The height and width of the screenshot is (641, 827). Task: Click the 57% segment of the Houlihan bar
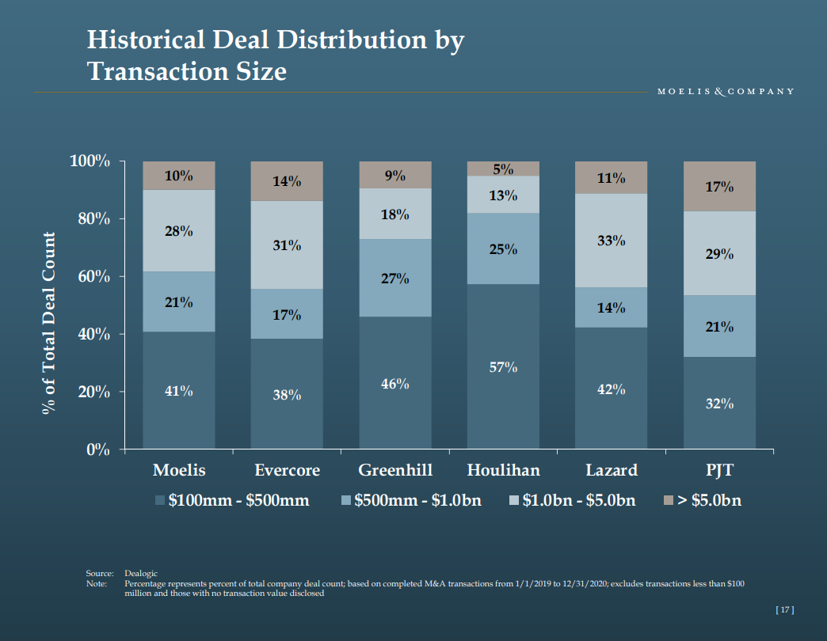[x=503, y=367]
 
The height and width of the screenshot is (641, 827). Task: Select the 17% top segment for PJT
[x=719, y=187]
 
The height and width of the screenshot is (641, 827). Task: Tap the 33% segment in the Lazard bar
[x=611, y=241]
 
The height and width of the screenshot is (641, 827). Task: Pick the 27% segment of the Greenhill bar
[x=395, y=279]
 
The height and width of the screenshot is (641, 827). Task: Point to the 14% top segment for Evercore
[x=287, y=181]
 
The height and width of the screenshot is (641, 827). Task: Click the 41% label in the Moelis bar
[x=178, y=391]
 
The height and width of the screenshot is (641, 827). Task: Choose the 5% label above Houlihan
[x=503, y=169]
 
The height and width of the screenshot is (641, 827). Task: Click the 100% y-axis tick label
[x=89, y=161]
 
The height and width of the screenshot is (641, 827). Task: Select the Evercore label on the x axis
[x=287, y=470]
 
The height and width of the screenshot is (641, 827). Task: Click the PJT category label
[x=719, y=470]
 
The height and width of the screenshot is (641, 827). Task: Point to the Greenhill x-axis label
[x=395, y=470]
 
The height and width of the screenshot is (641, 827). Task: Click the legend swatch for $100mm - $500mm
[x=160, y=500]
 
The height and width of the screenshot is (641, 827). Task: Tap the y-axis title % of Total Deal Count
[x=49, y=323]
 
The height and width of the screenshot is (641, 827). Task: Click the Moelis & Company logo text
[x=726, y=91]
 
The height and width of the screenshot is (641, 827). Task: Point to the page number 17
[x=783, y=609]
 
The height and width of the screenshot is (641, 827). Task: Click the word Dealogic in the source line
[x=141, y=573]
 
